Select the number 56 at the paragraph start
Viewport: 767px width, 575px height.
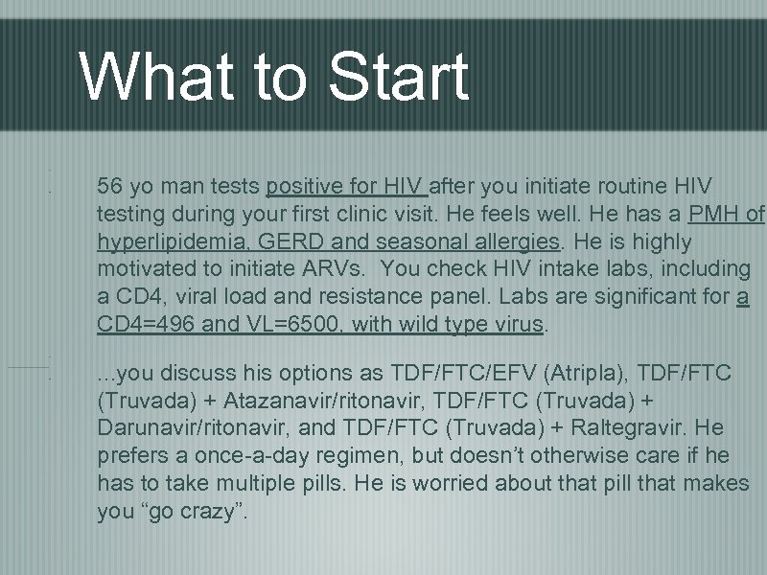pyautogui.click(x=110, y=184)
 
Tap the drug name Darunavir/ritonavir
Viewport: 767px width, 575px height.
pyautogui.click(x=189, y=426)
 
